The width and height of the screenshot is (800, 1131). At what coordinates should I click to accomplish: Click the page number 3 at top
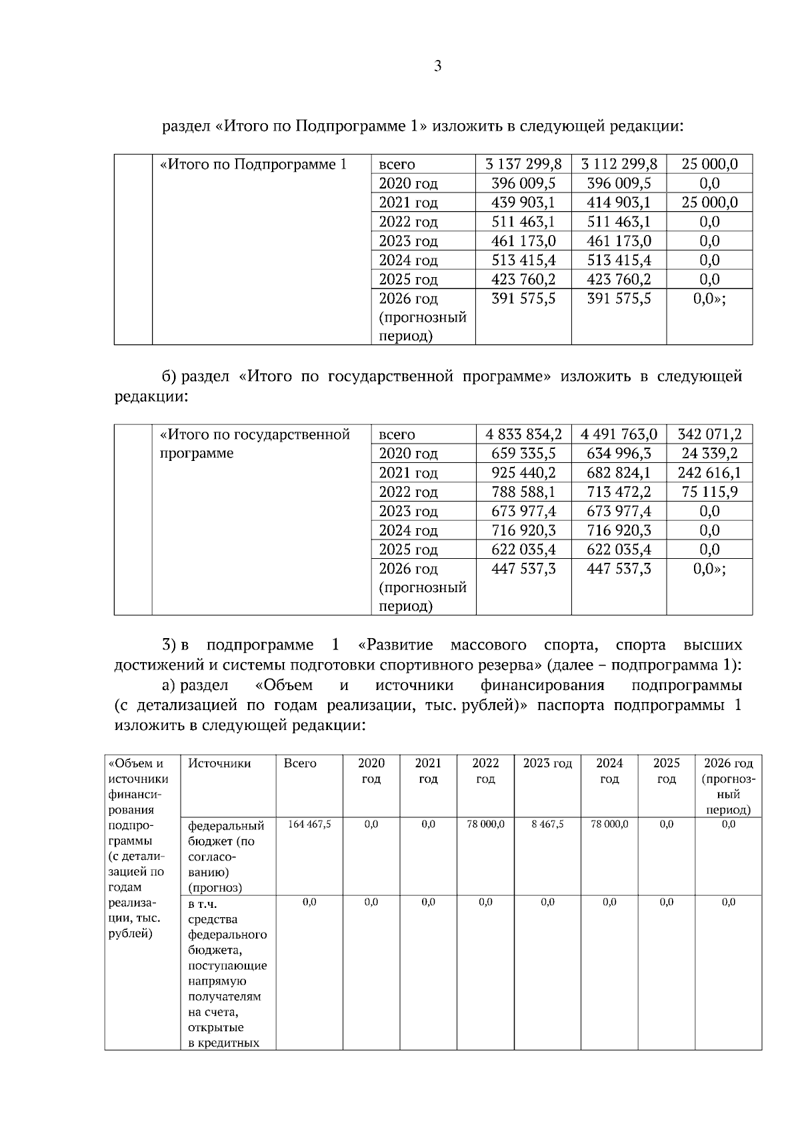pos(437,66)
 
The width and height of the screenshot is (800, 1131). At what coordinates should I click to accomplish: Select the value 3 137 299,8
pos(523,164)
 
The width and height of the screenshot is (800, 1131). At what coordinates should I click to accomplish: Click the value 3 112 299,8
pos(619,164)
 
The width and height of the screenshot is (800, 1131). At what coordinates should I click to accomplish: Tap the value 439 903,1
pos(523,202)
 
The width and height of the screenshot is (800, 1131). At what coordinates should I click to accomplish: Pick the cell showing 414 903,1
pos(619,202)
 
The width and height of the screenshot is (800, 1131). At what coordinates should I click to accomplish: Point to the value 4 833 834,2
pos(523,434)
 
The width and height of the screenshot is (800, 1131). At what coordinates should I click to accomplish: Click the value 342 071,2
pos(709,434)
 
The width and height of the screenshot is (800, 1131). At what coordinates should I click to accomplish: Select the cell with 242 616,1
pos(709,473)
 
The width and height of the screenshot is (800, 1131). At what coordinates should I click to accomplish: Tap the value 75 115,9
pos(709,492)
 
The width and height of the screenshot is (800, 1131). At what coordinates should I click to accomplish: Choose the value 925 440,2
pos(523,473)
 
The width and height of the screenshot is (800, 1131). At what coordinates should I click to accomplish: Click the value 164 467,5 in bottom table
pos(309,825)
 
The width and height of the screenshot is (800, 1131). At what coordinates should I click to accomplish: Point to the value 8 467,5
pos(547,825)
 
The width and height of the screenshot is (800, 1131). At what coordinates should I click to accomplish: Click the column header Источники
pos(219,763)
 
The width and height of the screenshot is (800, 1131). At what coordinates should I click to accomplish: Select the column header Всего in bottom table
pos(300,763)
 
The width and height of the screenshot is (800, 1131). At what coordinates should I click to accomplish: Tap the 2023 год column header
pos(547,763)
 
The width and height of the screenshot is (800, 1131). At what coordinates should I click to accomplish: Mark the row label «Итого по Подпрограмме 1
pos(253,164)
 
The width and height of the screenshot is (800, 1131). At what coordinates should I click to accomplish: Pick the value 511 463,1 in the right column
pos(619,222)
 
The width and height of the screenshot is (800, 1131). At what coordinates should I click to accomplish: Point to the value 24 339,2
pos(709,454)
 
